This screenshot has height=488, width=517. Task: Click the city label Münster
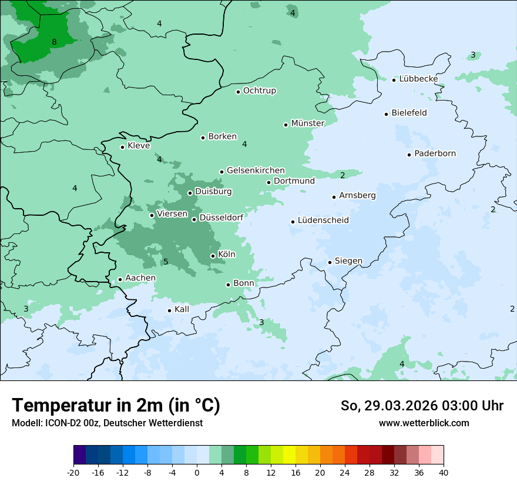[x=308, y=123]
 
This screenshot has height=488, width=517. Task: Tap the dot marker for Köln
[x=213, y=256]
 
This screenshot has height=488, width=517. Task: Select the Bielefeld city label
[x=409, y=113]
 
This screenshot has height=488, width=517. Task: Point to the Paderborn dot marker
[x=409, y=155]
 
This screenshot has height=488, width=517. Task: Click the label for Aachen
[x=140, y=278]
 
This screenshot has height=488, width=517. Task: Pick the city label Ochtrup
[x=259, y=91]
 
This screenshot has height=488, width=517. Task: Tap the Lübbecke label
[x=418, y=79]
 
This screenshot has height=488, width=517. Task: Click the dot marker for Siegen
[x=330, y=262]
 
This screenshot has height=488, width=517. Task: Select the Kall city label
[x=182, y=309]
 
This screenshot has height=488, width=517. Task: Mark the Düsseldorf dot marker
[x=194, y=219]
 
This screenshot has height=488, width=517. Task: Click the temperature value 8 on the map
[x=54, y=42]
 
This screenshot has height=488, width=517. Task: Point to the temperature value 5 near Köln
[x=166, y=262]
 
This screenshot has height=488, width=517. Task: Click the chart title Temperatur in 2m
[x=116, y=406]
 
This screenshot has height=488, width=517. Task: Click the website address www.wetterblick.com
[x=424, y=423]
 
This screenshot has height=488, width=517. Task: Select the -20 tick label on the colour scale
[x=73, y=473]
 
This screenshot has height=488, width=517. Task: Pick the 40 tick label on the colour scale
[x=444, y=473]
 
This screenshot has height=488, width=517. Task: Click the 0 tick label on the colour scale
[x=197, y=473]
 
